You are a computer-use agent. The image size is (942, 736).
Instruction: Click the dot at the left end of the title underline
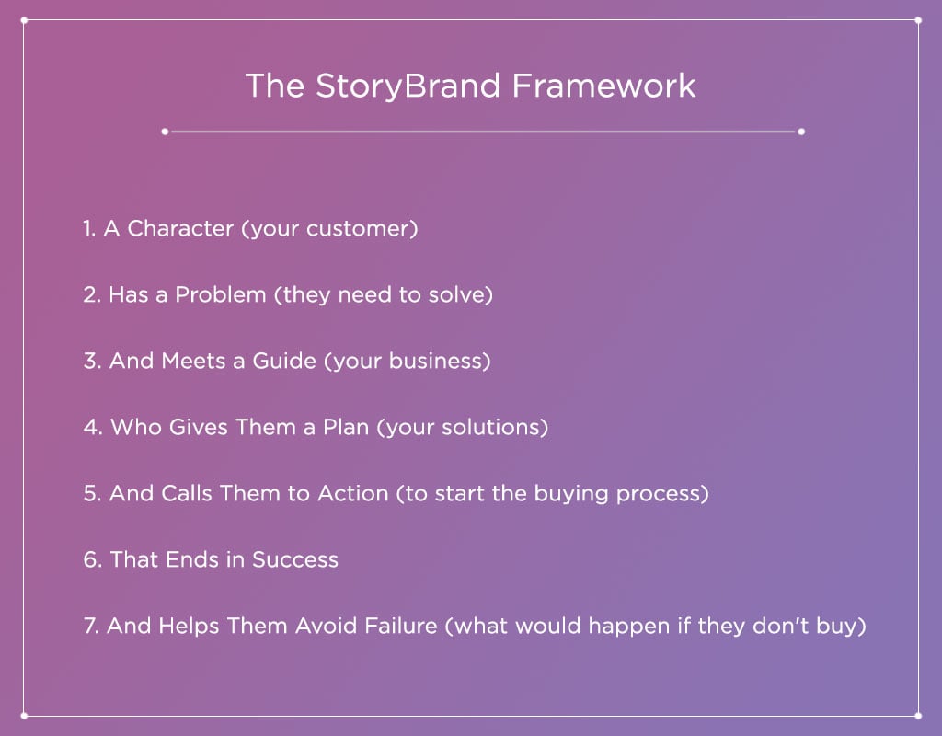click(x=165, y=132)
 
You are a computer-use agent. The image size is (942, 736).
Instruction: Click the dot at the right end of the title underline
click(x=801, y=132)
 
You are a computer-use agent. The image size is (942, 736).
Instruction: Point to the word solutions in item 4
click(x=498, y=428)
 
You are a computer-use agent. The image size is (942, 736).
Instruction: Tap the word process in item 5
click(x=661, y=494)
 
